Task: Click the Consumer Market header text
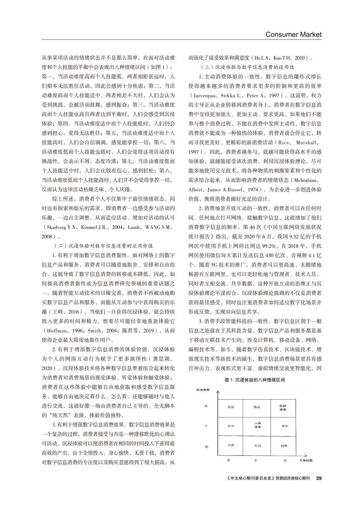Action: tap(293, 34)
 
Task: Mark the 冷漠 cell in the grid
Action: tap(231, 445)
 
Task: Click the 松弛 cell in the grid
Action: tap(257, 446)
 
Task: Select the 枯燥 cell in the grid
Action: tap(283, 445)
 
